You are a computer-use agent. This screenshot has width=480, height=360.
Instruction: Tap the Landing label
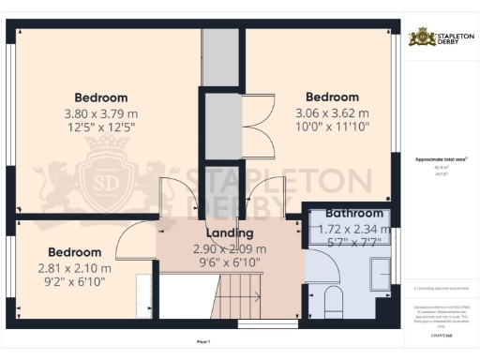click(x=230, y=233)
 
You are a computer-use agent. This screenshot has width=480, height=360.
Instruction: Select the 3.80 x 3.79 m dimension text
click(x=101, y=113)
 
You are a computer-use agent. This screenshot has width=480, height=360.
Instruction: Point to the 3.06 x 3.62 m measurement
click(x=332, y=113)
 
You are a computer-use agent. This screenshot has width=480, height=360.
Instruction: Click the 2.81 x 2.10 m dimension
click(x=74, y=268)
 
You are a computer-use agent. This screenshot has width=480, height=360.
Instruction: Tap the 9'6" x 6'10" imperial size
click(x=230, y=263)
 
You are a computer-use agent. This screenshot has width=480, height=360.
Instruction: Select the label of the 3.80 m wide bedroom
click(x=101, y=97)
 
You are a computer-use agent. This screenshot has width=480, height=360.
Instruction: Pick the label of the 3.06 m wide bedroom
click(x=332, y=97)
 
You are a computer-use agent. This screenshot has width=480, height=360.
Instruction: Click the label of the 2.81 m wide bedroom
click(x=74, y=252)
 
